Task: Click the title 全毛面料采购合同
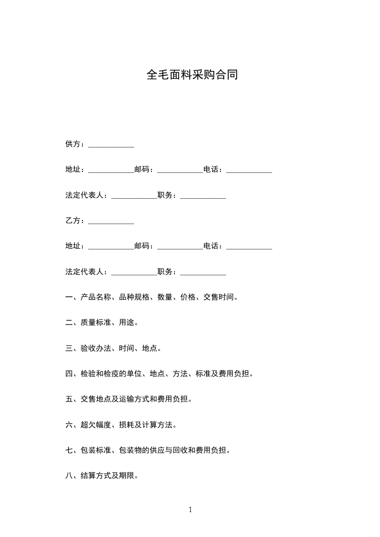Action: pos(192,75)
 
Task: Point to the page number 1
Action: pos(190,510)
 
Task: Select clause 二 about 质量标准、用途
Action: pos(102,323)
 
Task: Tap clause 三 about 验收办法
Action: pos(114,348)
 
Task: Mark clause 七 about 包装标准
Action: pos(148,450)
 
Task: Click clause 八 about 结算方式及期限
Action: pos(102,476)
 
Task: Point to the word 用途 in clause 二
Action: pos(127,323)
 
